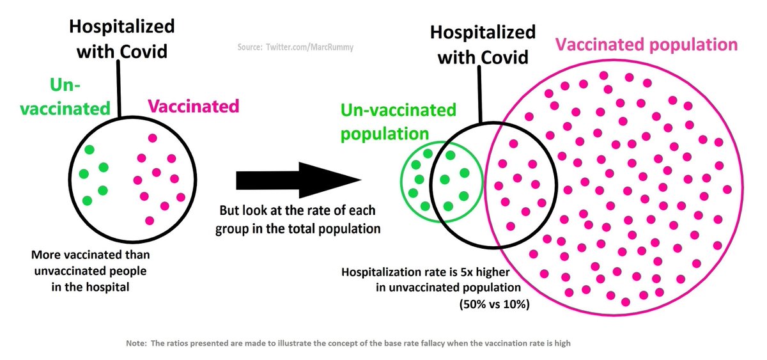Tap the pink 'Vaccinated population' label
(x=646, y=45)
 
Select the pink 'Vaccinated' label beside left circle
(x=194, y=106)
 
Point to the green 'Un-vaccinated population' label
(x=398, y=121)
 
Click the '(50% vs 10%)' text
(x=493, y=304)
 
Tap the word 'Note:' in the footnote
(x=136, y=343)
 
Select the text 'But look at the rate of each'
(x=298, y=210)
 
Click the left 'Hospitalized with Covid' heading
(x=121, y=38)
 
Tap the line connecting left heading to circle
(x=120, y=90)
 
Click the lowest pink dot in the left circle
(x=150, y=221)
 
